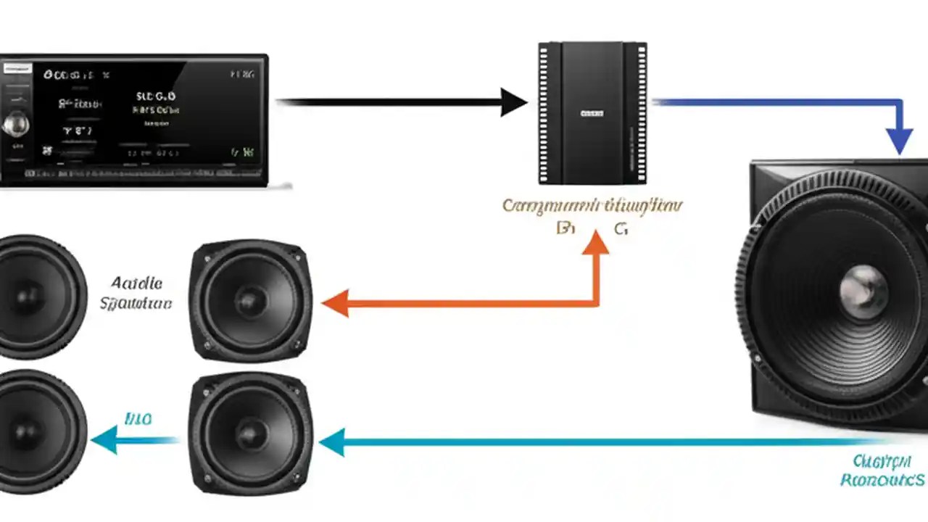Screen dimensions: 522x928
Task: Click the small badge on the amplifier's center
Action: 592,113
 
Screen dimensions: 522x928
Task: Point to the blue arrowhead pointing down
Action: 900,139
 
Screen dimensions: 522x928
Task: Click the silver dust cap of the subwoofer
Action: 863,290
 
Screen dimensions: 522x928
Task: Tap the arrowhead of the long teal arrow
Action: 332,442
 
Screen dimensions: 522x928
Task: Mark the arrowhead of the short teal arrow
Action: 104,439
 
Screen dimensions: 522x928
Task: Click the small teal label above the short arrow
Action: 138,419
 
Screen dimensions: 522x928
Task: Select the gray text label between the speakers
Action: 136,292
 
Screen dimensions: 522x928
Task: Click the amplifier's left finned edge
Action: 544,113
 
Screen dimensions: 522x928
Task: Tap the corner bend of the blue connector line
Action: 900,103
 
